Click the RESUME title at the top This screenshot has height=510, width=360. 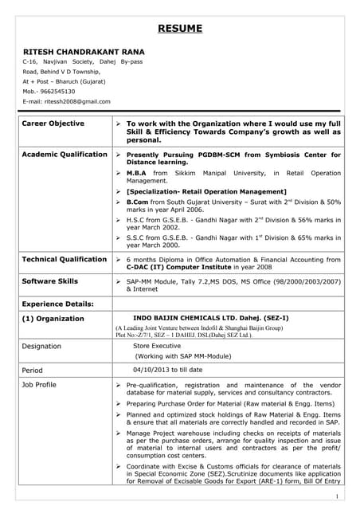pyautogui.click(x=179, y=29)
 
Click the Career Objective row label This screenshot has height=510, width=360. pyautogui.click(x=53, y=124)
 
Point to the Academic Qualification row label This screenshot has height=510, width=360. pyautogui.click(x=65, y=154)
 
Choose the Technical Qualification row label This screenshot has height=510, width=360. pyautogui.click(x=64, y=259)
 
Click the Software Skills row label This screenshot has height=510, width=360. pyautogui.click(x=49, y=281)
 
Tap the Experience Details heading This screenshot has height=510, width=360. pyautogui.click(x=57, y=304)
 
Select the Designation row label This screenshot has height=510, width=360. pyautogui.click(x=42, y=346)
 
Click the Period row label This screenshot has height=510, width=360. pyautogui.click(x=32, y=370)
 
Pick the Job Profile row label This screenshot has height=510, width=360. pyautogui.click(x=39, y=385)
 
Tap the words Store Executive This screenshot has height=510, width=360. pyautogui.click(x=157, y=346)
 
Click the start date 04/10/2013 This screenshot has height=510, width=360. pyautogui.click(x=150, y=370)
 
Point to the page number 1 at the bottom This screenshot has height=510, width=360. pyautogui.click(x=338, y=496)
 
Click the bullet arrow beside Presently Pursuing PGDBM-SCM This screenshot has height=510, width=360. pyautogui.click(x=118, y=155)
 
